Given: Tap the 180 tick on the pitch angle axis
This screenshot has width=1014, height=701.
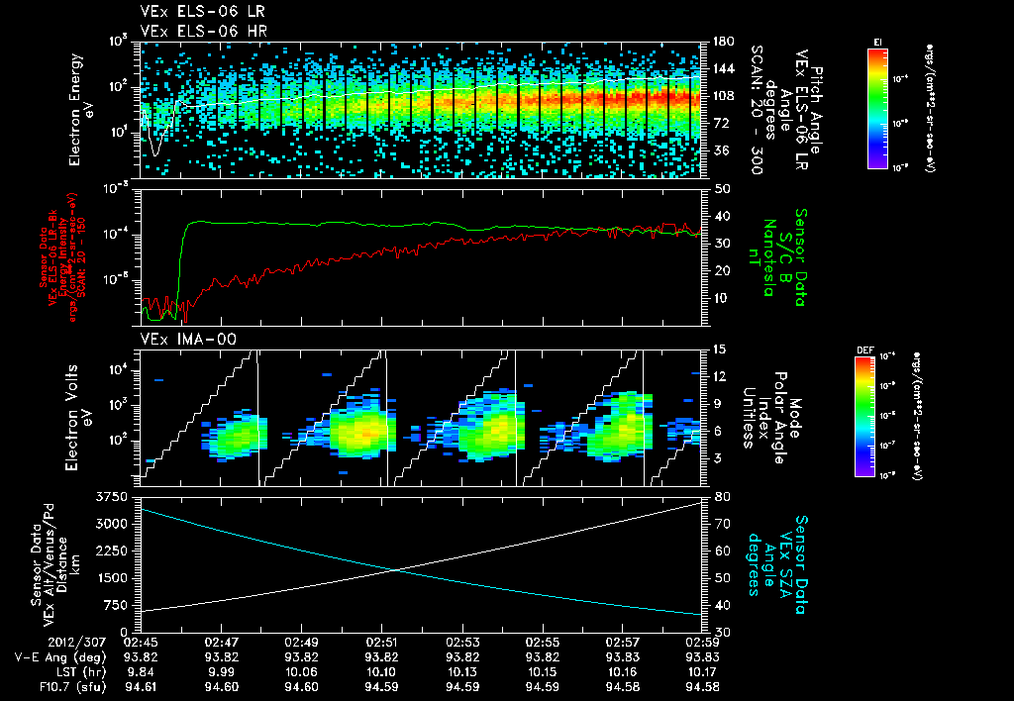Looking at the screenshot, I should tap(722, 42).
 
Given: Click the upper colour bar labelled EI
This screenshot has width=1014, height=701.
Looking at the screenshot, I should tap(877, 107).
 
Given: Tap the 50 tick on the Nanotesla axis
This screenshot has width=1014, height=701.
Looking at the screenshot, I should tap(722, 188).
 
